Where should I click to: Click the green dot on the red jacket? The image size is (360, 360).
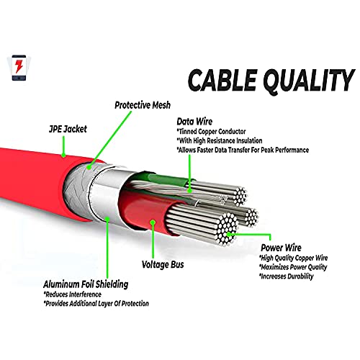64,155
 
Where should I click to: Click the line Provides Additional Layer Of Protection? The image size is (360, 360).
107,304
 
